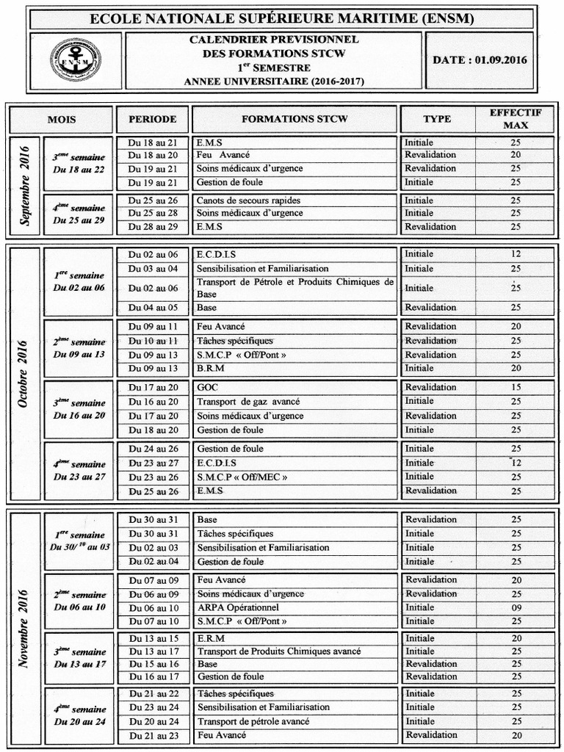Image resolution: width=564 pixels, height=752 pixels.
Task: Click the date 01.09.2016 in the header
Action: point(480,60)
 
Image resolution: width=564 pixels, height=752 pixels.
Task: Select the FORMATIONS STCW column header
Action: point(294,119)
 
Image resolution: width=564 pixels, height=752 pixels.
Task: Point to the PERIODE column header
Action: point(152,119)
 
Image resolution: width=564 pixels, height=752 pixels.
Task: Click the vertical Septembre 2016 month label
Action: point(26,186)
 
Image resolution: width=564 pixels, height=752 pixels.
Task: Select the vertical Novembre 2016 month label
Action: point(26,627)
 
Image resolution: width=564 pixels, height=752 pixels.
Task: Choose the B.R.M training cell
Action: point(211,368)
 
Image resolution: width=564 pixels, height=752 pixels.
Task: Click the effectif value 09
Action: point(516,608)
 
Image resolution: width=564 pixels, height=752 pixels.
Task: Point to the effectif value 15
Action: point(516,388)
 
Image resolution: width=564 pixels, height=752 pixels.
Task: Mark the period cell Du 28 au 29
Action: point(152,227)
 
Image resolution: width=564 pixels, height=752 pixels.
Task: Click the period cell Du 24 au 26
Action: point(152,449)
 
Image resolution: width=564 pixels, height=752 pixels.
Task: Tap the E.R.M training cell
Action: point(211,638)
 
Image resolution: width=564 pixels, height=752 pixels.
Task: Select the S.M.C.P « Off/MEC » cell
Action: point(242,477)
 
